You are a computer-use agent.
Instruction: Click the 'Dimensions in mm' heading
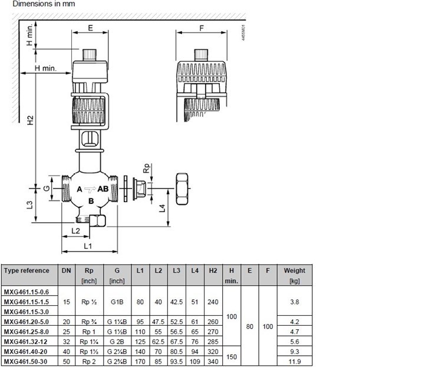(44, 4)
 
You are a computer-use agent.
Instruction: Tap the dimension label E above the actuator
(90, 28)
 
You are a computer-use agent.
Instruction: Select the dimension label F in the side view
(202, 28)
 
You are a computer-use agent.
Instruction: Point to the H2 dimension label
(30, 120)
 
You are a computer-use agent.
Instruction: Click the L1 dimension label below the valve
(88, 246)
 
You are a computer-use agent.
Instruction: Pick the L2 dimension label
(75, 231)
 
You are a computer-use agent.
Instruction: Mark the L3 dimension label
(29, 205)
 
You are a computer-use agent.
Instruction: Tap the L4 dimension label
(162, 209)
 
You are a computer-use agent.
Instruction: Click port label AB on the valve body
(103, 189)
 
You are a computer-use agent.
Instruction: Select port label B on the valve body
(91, 201)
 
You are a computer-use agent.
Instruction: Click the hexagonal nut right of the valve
(182, 189)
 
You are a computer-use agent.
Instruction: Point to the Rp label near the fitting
(147, 168)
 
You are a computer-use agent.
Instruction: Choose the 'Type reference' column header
(27, 270)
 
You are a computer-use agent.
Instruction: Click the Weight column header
(295, 270)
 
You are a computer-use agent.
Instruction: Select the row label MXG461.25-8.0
(26, 332)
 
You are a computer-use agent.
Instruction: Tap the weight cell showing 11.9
(295, 361)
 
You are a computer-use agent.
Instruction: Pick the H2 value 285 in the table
(213, 342)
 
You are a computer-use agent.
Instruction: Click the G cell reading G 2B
(117, 342)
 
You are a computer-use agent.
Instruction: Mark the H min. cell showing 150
(232, 357)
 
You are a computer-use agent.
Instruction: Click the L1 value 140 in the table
(140, 352)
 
